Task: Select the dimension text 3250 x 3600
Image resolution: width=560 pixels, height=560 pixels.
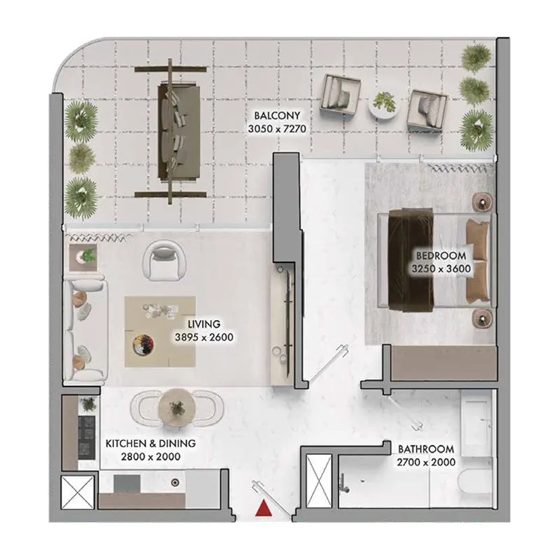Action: pyautogui.click(x=440, y=268)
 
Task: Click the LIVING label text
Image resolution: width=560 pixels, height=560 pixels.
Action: pyautogui.click(x=204, y=324)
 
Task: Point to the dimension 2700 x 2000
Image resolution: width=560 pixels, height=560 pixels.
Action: pyautogui.click(x=426, y=462)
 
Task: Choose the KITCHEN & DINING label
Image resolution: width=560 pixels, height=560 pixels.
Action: pyautogui.click(x=150, y=444)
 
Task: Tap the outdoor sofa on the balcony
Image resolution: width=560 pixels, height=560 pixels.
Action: pyautogui.click(x=171, y=132)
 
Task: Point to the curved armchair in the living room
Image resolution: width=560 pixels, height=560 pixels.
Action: pyautogui.click(x=164, y=258)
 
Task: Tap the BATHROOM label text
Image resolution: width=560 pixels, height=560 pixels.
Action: pyautogui.click(x=426, y=449)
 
